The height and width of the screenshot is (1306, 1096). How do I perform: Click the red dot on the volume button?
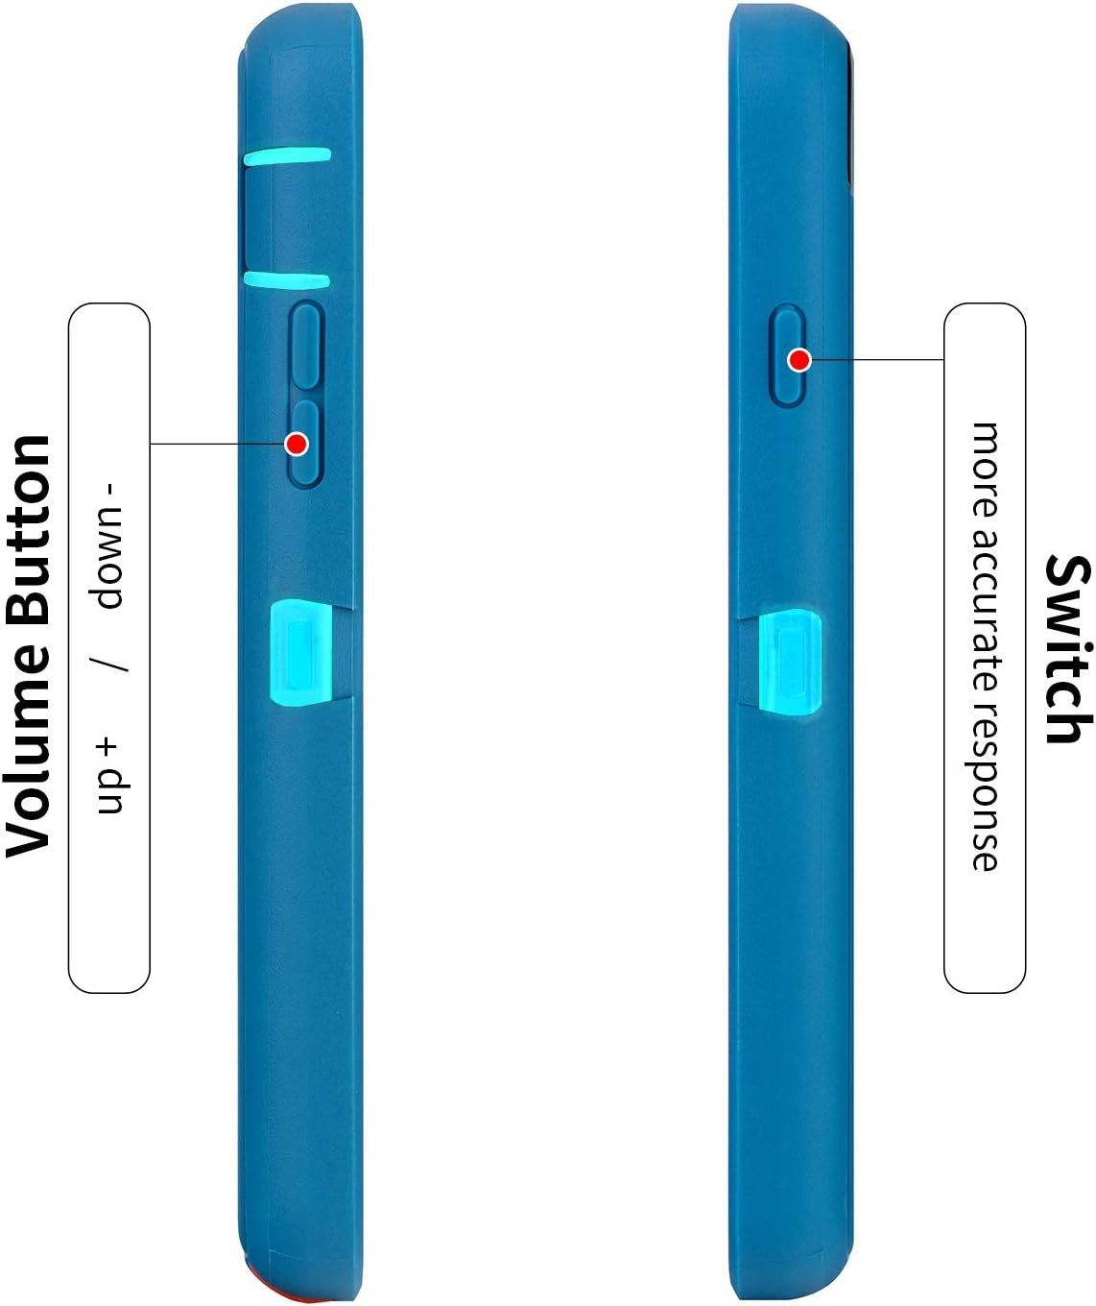(x=297, y=444)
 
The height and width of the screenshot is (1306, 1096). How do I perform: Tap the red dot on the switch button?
(x=799, y=361)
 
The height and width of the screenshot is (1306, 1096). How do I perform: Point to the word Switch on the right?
(x=1067, y=648)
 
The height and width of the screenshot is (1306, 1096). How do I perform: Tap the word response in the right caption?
(x=985, y=796)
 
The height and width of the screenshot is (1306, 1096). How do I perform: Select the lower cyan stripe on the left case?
(x=287, y=279)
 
